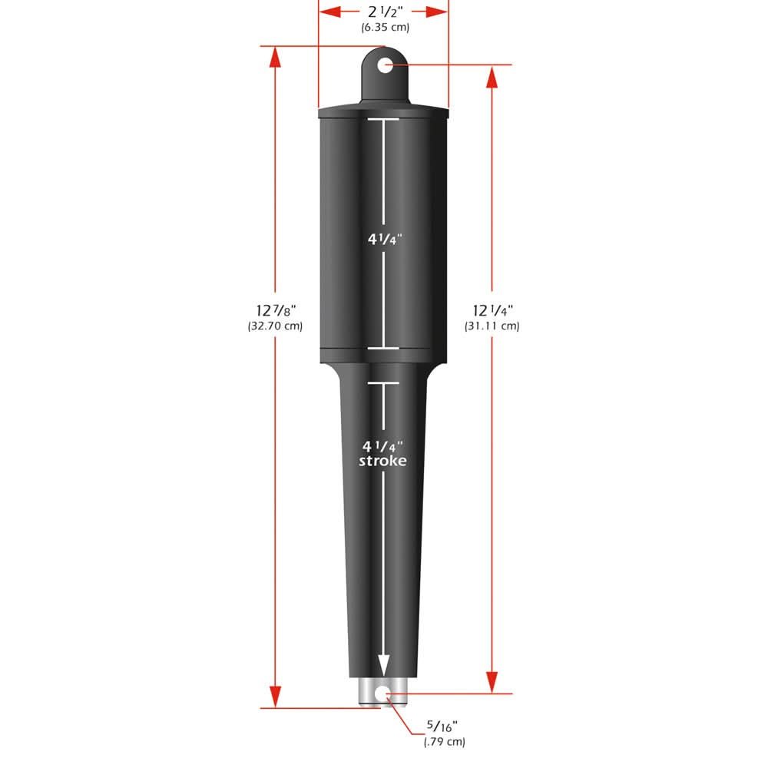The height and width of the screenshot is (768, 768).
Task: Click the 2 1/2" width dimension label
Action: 384,12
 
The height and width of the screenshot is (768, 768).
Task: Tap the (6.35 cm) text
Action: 385,28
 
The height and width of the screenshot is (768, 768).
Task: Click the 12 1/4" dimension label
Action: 492,310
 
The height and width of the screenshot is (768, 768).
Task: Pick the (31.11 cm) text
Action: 492,326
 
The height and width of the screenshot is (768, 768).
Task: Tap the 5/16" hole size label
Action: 443,725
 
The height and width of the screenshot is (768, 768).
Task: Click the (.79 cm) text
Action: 444,741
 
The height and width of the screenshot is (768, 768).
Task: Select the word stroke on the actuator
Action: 382,461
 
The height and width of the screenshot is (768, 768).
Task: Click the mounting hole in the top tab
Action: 385,65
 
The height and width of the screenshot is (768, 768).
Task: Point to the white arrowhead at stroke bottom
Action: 382,665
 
